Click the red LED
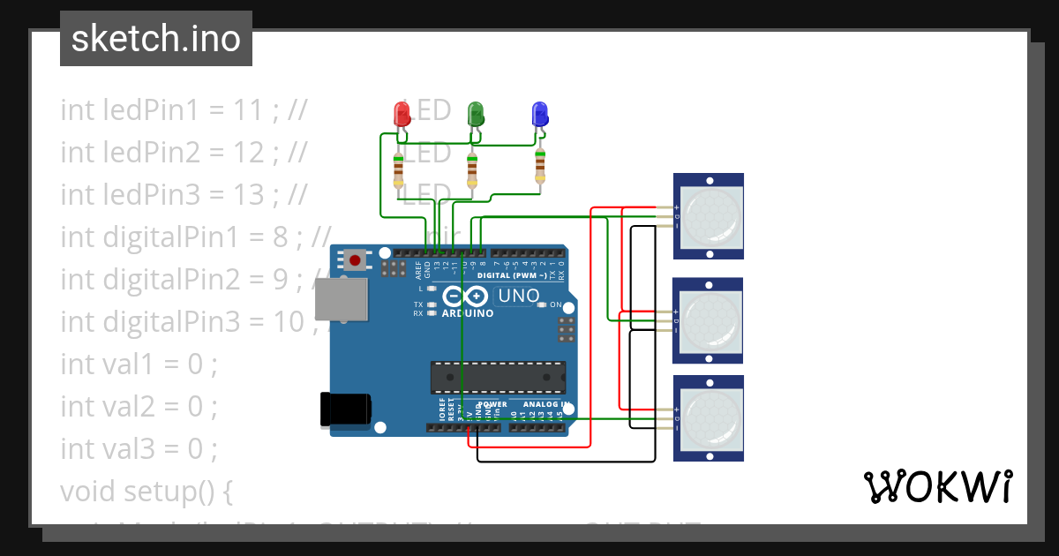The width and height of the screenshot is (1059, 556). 401,114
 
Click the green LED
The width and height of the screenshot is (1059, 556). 476,114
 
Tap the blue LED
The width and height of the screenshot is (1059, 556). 539,114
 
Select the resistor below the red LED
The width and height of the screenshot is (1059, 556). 399,169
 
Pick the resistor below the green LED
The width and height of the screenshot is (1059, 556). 472,169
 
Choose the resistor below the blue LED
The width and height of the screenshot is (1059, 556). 540,165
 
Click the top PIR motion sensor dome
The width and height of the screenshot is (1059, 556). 709,215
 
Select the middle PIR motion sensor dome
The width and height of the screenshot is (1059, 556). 709,320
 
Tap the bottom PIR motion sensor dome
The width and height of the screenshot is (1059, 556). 709,417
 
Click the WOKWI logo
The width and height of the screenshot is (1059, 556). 937,486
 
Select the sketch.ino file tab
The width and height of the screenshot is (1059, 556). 156,39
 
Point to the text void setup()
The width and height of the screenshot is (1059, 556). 146,491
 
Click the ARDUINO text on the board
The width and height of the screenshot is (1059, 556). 467,313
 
